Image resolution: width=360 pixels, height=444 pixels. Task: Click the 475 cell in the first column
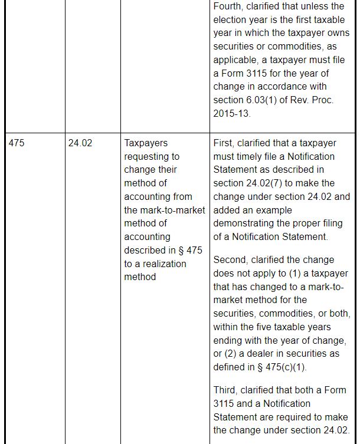tap(17, 143)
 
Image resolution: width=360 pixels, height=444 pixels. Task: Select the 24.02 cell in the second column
tap(80, 143)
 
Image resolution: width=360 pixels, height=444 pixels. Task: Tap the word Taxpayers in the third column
tap(146, 143)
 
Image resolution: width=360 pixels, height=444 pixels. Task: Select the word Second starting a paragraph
tap(231, 260)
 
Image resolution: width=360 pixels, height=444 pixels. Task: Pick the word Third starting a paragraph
tap(226, 390)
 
